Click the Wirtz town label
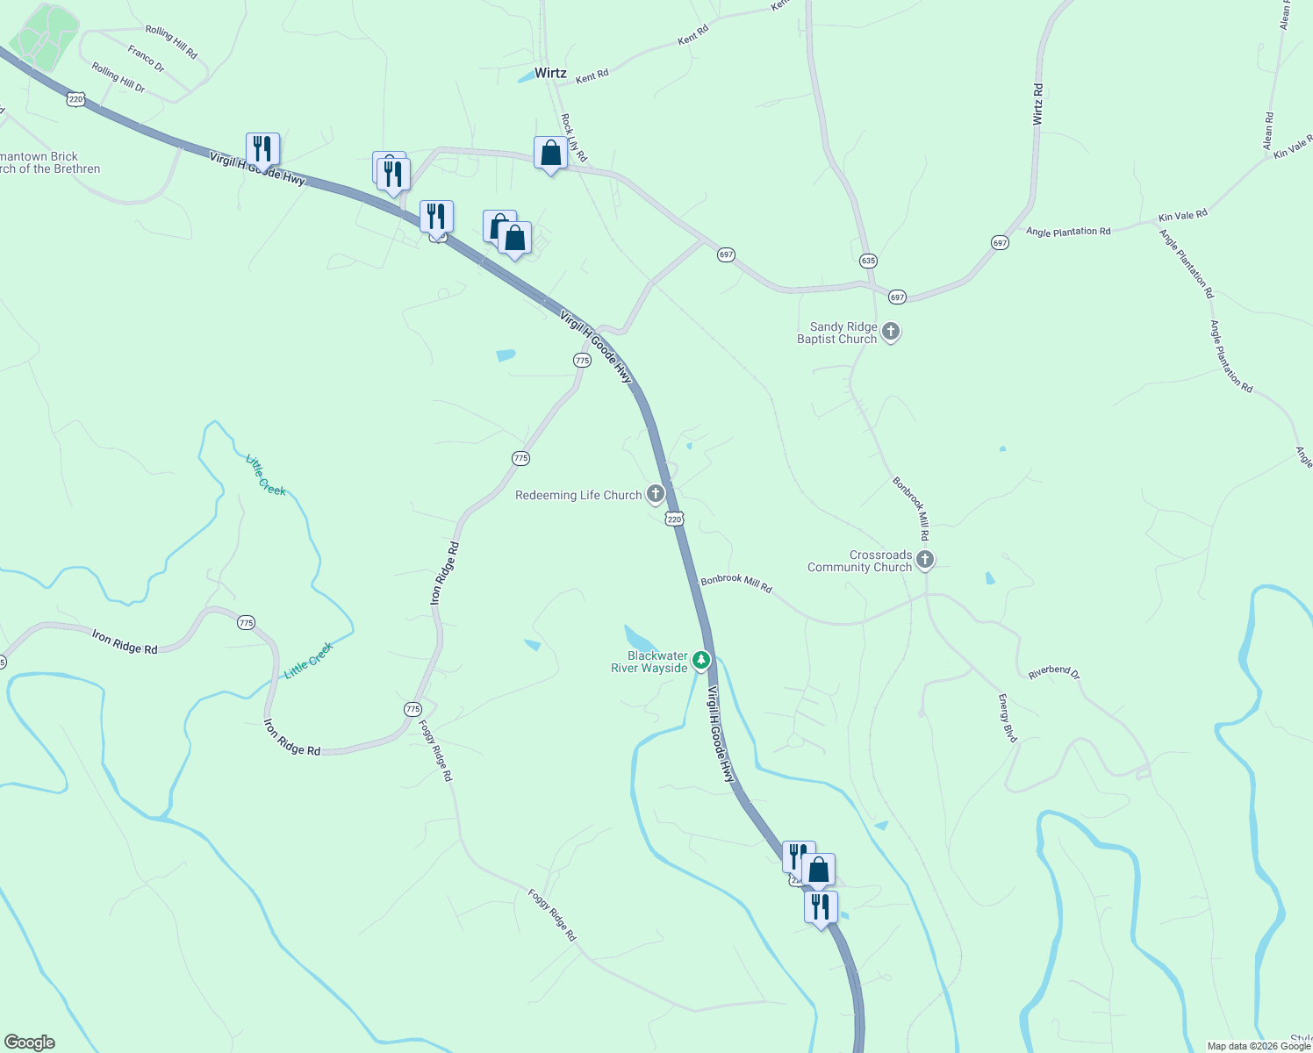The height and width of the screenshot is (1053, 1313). point(550,73)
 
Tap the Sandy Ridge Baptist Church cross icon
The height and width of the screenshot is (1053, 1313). point(891,332)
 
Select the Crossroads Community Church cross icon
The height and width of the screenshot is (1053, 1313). point(924,560)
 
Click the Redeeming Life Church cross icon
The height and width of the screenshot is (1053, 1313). point(656,494)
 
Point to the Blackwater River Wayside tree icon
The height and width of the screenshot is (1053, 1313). point(700,660)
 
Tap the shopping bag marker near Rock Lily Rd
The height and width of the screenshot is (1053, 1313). point(550,154)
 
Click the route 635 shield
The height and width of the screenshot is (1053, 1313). point(868,261)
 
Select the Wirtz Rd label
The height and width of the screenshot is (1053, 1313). point(1038,104)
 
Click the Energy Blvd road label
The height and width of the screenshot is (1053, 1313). point(1008,719)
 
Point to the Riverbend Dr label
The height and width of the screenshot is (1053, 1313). point(1053,672)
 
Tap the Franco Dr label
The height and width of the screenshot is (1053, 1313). point(146,58)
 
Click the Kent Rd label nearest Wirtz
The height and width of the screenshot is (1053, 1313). point(592,76)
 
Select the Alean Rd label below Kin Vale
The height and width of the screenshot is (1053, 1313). point(1268,130)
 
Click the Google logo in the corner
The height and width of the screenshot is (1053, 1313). point(30,1042)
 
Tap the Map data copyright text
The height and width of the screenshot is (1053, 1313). point(1258,1046)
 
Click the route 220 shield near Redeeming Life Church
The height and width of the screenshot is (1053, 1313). point(674,519)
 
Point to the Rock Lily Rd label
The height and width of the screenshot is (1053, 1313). point(573,138)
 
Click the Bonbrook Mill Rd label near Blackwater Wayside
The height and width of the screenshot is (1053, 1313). point(735,584)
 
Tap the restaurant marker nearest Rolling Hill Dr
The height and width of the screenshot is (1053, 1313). point(262,150)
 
